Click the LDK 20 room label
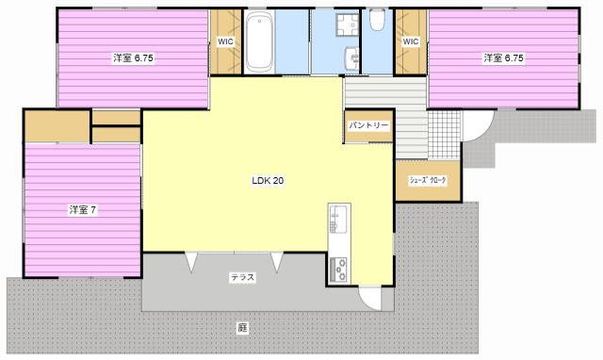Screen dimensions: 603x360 (x=268, y=180)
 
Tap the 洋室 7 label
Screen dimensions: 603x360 (x=83, y=210)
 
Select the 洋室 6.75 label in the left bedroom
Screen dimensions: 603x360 (x=133, y=58)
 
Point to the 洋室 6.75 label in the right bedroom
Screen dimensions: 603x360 (x=503, y=58)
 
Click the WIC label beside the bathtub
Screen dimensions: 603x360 (x=225, y=41)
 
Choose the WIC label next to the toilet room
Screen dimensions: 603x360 (x=411, y=41)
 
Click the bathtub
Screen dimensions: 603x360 (x=259, y=41)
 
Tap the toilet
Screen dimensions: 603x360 (x=377, y=20)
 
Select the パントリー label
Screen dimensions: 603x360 (x=368, y=125)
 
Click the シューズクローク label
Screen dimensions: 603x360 (x=427, y=180)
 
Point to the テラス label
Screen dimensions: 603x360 (x=243, y=277)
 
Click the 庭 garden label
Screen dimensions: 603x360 (x=242, y=328)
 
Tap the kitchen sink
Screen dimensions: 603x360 (x=338, y=220)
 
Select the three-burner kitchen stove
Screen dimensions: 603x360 (x=339, y=270)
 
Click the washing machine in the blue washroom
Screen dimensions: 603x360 (x=348, y=25)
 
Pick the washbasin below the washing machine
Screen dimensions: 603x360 (x=352, y=58)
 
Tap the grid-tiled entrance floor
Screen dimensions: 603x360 (x=444, y=135)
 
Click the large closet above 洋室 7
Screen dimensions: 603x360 (x=57, y=126)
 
